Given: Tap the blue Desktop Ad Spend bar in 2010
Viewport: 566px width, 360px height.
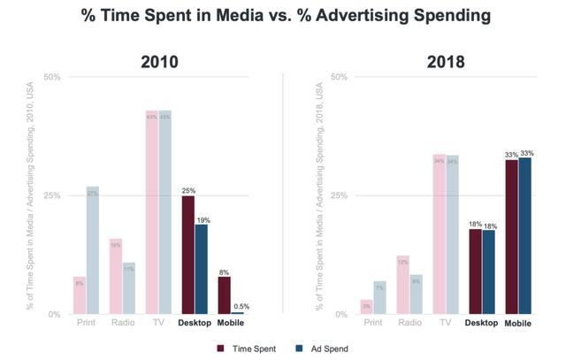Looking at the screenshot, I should pos(201,269).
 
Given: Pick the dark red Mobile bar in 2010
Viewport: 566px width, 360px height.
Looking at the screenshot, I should pos(224,295).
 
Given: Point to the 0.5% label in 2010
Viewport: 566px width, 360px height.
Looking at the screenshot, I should pos(241,306).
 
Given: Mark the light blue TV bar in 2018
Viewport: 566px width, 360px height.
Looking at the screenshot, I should pos(453,234).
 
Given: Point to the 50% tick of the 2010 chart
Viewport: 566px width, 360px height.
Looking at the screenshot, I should pos(51,77).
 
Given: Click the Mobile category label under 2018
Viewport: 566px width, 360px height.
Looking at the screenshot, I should pos(518,324).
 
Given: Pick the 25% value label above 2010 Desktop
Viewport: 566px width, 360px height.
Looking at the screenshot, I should pos(187,189).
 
